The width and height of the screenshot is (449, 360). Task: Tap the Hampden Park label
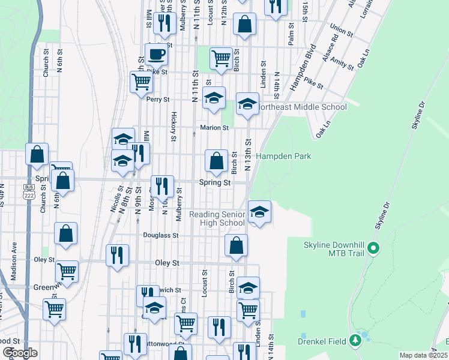click(283, 156)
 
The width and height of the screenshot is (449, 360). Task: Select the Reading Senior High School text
click(217, 218)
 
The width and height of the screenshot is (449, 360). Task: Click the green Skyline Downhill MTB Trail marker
click(373, 247)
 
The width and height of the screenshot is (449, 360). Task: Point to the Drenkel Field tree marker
click(355, 341)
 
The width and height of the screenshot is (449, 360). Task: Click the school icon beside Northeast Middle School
click(247, 104)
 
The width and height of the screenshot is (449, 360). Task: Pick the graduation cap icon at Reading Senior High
click(259, 212)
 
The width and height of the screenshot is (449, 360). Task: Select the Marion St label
click(214, 128)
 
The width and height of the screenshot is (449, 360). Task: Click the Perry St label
click(158, 99)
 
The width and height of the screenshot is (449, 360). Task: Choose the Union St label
click(340, 29)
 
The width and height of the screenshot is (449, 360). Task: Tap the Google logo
click(20, 352)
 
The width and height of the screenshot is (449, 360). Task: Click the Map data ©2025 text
click(423, 355)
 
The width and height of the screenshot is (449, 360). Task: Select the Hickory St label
click(173, 125)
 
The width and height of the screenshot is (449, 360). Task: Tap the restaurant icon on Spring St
click(161, 186)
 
